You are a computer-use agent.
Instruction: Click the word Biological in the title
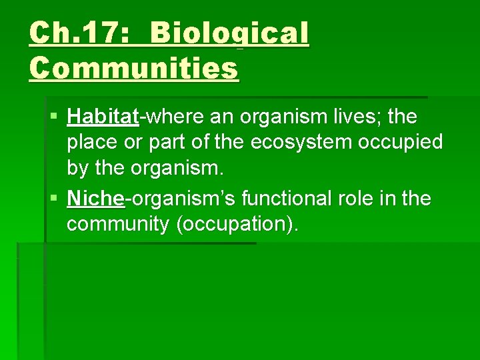[x=229, y=33]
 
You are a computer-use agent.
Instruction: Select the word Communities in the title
[x=133, y=67]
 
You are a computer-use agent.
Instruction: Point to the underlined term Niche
[x=95, y=199]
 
